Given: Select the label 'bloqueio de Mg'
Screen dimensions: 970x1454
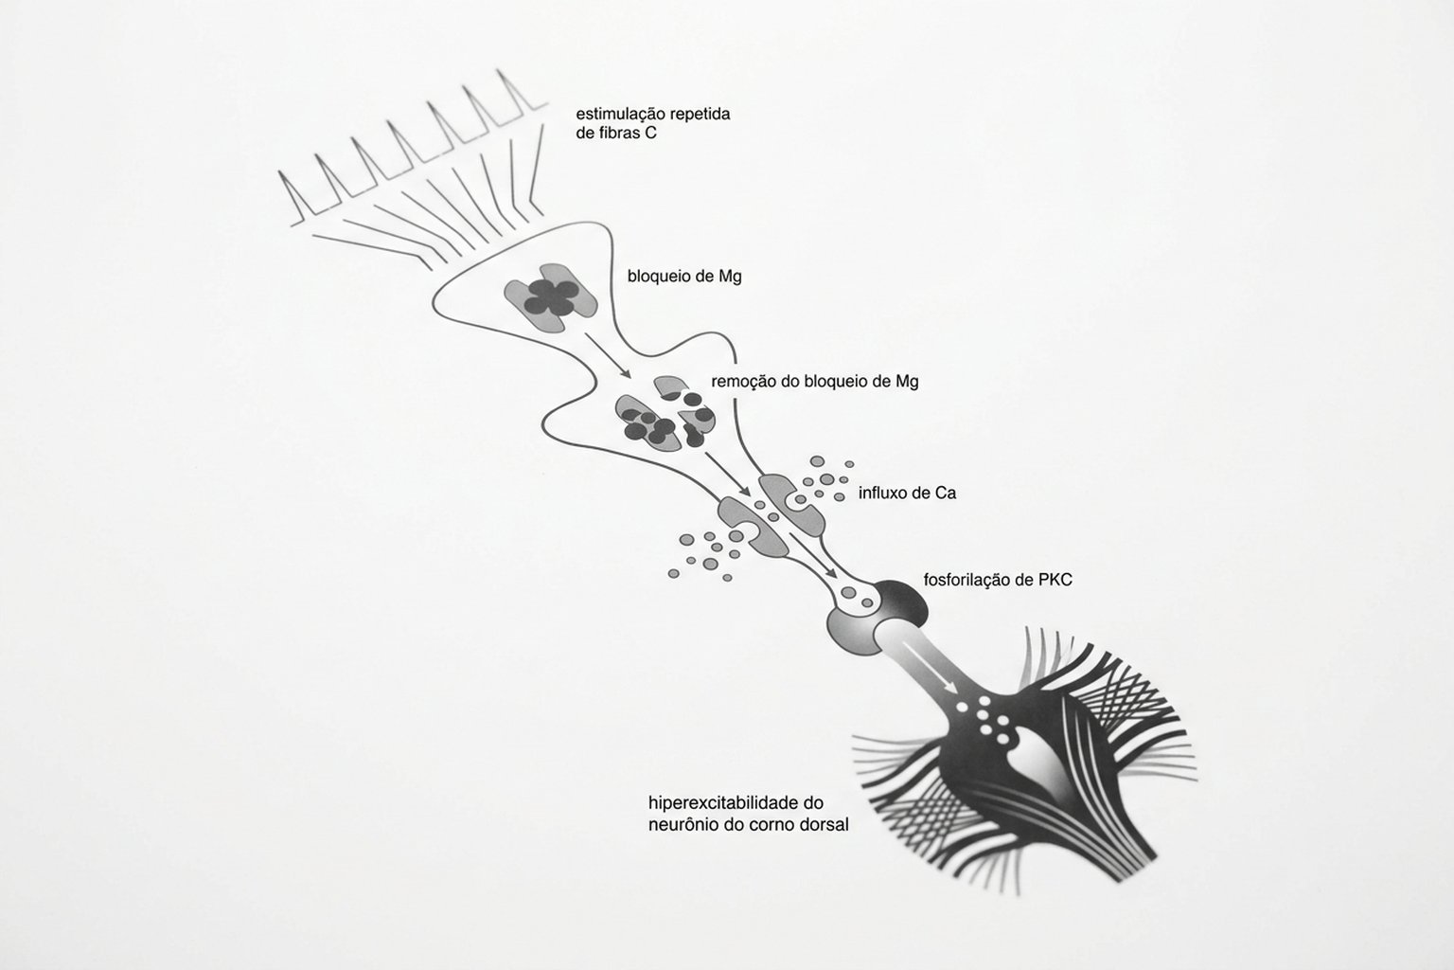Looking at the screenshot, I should click(x=683, y=277).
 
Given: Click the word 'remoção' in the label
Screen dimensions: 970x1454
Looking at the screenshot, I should click(x=741, y=382).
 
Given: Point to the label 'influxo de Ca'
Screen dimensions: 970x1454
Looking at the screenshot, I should click(x=907, y=493).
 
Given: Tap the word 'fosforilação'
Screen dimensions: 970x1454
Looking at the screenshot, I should click(x=968, y=580).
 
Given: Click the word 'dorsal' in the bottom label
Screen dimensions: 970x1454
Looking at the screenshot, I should click(x=825, y=824).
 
